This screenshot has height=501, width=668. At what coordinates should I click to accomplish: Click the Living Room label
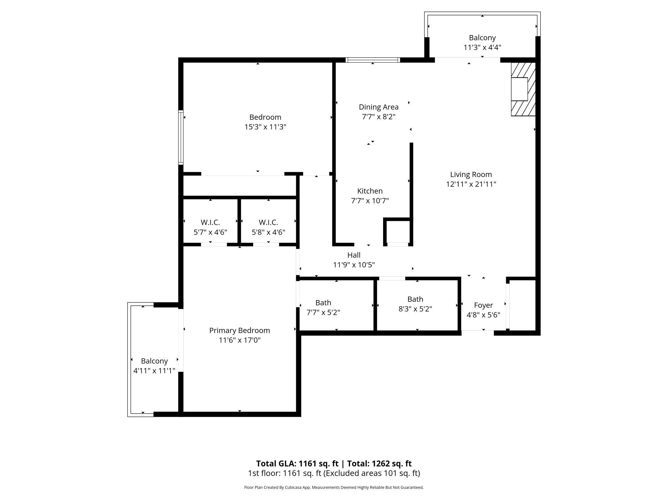click(x=471, y=174)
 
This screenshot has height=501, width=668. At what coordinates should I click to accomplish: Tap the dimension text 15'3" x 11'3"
click(x=265, y=127)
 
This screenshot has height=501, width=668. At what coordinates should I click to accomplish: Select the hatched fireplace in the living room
click(x=523, y=89)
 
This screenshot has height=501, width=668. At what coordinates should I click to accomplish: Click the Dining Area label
click(x=378, y=107)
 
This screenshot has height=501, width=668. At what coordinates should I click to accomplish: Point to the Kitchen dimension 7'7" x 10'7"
click(x=370, y=201)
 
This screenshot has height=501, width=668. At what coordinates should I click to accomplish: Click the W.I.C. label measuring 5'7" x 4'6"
click(x=210, y=222)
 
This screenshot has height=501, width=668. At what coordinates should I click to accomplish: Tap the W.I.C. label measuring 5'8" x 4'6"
click(x=268, y=222)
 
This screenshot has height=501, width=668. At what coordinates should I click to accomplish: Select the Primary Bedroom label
click(x=239, y=330)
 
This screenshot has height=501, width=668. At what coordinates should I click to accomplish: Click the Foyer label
click(x=483, y=305)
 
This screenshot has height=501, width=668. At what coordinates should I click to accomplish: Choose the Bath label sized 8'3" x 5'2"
click(x=415, y=299)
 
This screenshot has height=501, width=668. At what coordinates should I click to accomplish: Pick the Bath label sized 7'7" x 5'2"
click(x=323, y=303)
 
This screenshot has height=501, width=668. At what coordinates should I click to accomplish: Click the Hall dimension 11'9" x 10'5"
click(x=354, y=265)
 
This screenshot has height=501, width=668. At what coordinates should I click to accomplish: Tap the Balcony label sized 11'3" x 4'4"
click(x=482, y=38)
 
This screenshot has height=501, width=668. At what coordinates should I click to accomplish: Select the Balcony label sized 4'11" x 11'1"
click(x=154, y=361)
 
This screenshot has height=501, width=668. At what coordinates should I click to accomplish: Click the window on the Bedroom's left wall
click(x=181, y=137)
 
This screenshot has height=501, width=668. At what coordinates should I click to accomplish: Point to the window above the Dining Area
click(x=373, y=60)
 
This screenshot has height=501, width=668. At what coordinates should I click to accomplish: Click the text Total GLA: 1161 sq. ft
click(x=297, y=463)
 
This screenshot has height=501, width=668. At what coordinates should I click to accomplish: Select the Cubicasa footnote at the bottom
click(x=334, y=488)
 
